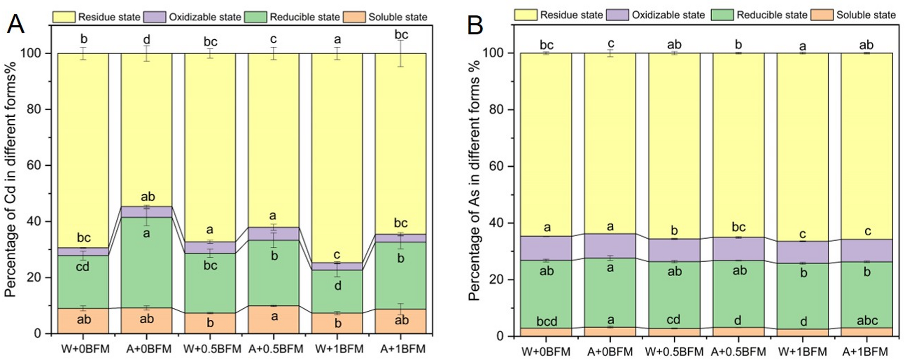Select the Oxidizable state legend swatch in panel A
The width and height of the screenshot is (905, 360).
pyautogui.click(x=155, y=17)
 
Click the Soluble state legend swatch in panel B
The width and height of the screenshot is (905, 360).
pyautogui.click(x=822, y=15)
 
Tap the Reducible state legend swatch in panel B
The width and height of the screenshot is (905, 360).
pyautogui.click(x=722, y=15)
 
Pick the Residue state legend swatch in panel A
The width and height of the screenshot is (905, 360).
pyautogui.click(x=64, y=17)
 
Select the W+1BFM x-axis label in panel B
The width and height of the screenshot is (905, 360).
pyautogui.click(x=802, y=351)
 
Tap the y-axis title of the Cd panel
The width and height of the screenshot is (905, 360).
pyautogui.click(x=11, y=180)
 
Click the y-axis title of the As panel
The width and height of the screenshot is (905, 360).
pyautogui.click(x=474, y=180)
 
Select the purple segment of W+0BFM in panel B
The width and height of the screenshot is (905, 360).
pyautogui.click(x=546, y=248)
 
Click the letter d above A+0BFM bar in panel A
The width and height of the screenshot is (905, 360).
pyautogui.click(x=146, y=40)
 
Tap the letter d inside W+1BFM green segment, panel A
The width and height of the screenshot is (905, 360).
pyautogui.click(x=338, y=286)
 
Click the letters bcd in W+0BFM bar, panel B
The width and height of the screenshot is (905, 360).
pyautogui.click(x=546, y=321)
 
